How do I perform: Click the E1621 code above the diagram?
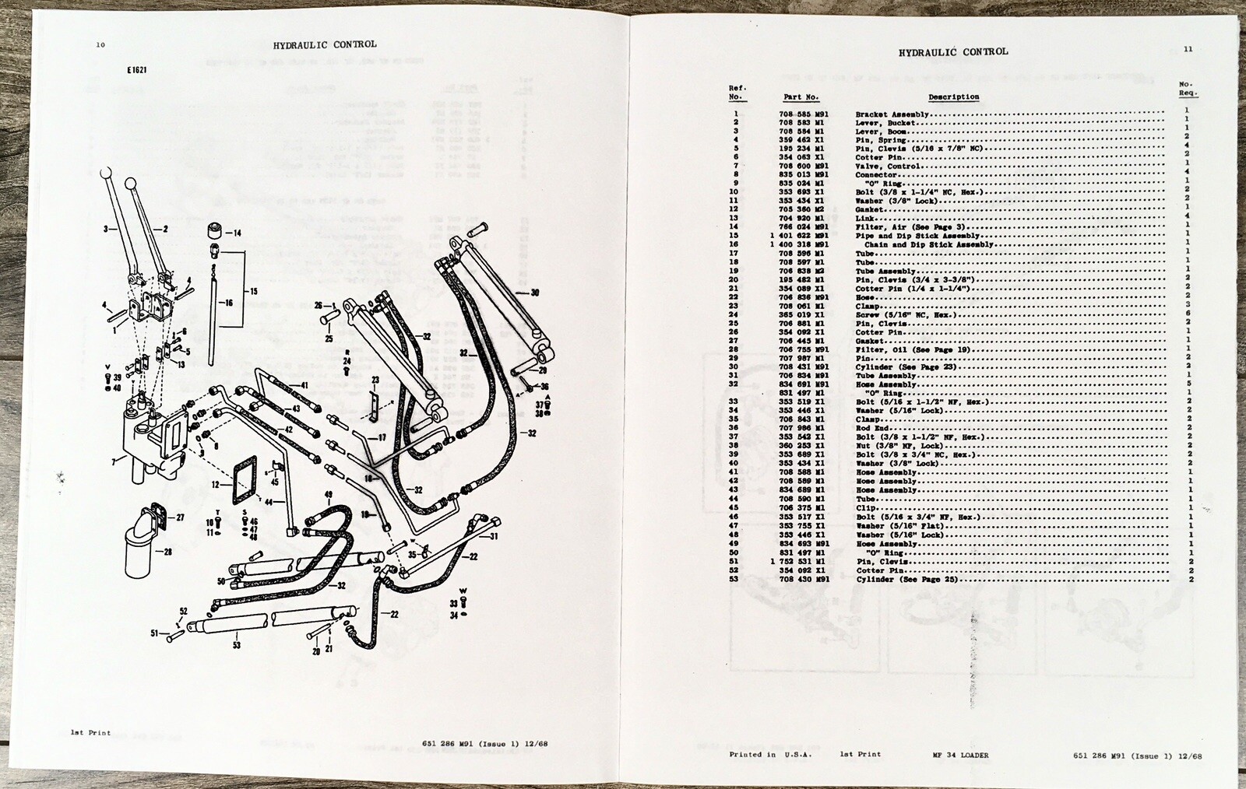point(137,70)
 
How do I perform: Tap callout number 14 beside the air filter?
point(238,233)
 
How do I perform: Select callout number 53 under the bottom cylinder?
point(236,645)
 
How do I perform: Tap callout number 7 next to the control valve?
point(114,462)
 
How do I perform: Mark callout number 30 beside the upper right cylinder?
point(534,293)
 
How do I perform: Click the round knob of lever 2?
point(130,186)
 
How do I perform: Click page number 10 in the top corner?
point(100,45)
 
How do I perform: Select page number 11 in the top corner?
point(1188,49)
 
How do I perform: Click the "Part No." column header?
point(801,97)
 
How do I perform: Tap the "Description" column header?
point(953,97)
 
